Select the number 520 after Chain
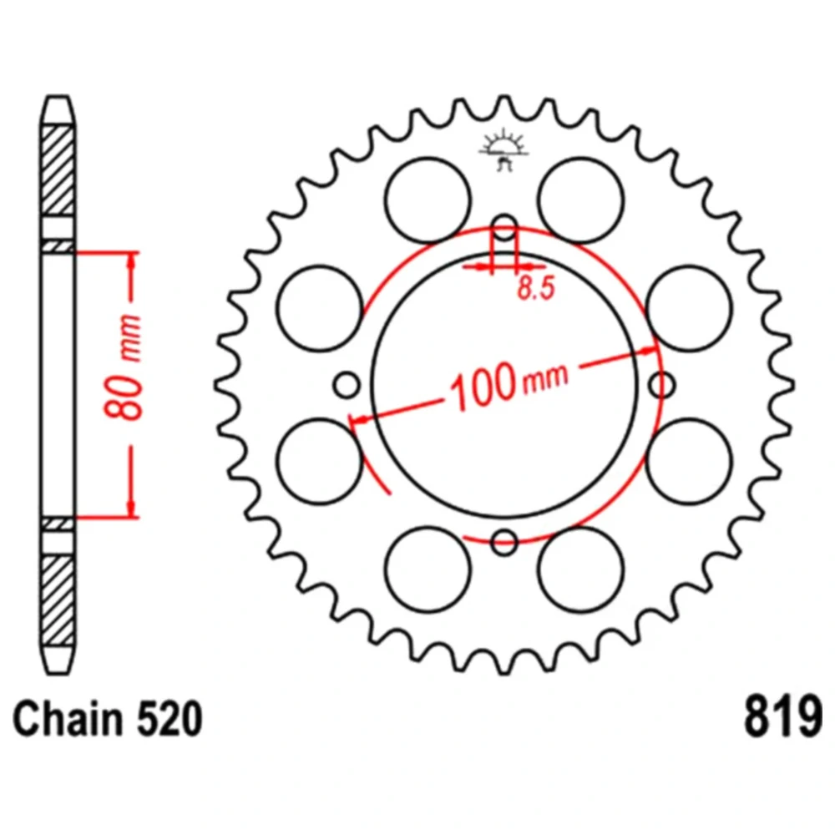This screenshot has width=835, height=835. [x=170, y=718]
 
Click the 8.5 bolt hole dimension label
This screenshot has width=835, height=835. [x=536, y=289]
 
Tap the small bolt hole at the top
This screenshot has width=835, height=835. [x=504, y=229]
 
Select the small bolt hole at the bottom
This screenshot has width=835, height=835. [x=504, y=542]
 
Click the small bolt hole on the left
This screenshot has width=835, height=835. [x=347, y=385]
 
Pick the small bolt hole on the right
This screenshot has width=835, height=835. [x=662, y=385]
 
